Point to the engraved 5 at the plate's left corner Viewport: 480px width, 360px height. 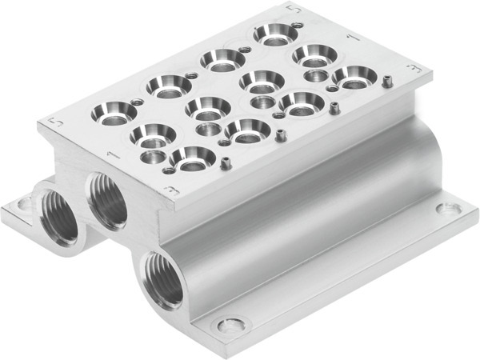54,121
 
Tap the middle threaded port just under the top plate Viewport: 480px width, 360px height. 108,200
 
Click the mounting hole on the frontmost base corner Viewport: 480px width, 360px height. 232,326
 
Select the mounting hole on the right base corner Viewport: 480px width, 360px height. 444,209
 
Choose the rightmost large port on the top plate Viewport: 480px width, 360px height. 354,78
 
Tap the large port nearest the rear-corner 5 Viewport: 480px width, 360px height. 273,34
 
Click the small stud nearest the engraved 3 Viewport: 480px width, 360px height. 226,164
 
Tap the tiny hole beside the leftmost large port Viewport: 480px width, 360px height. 137,102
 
